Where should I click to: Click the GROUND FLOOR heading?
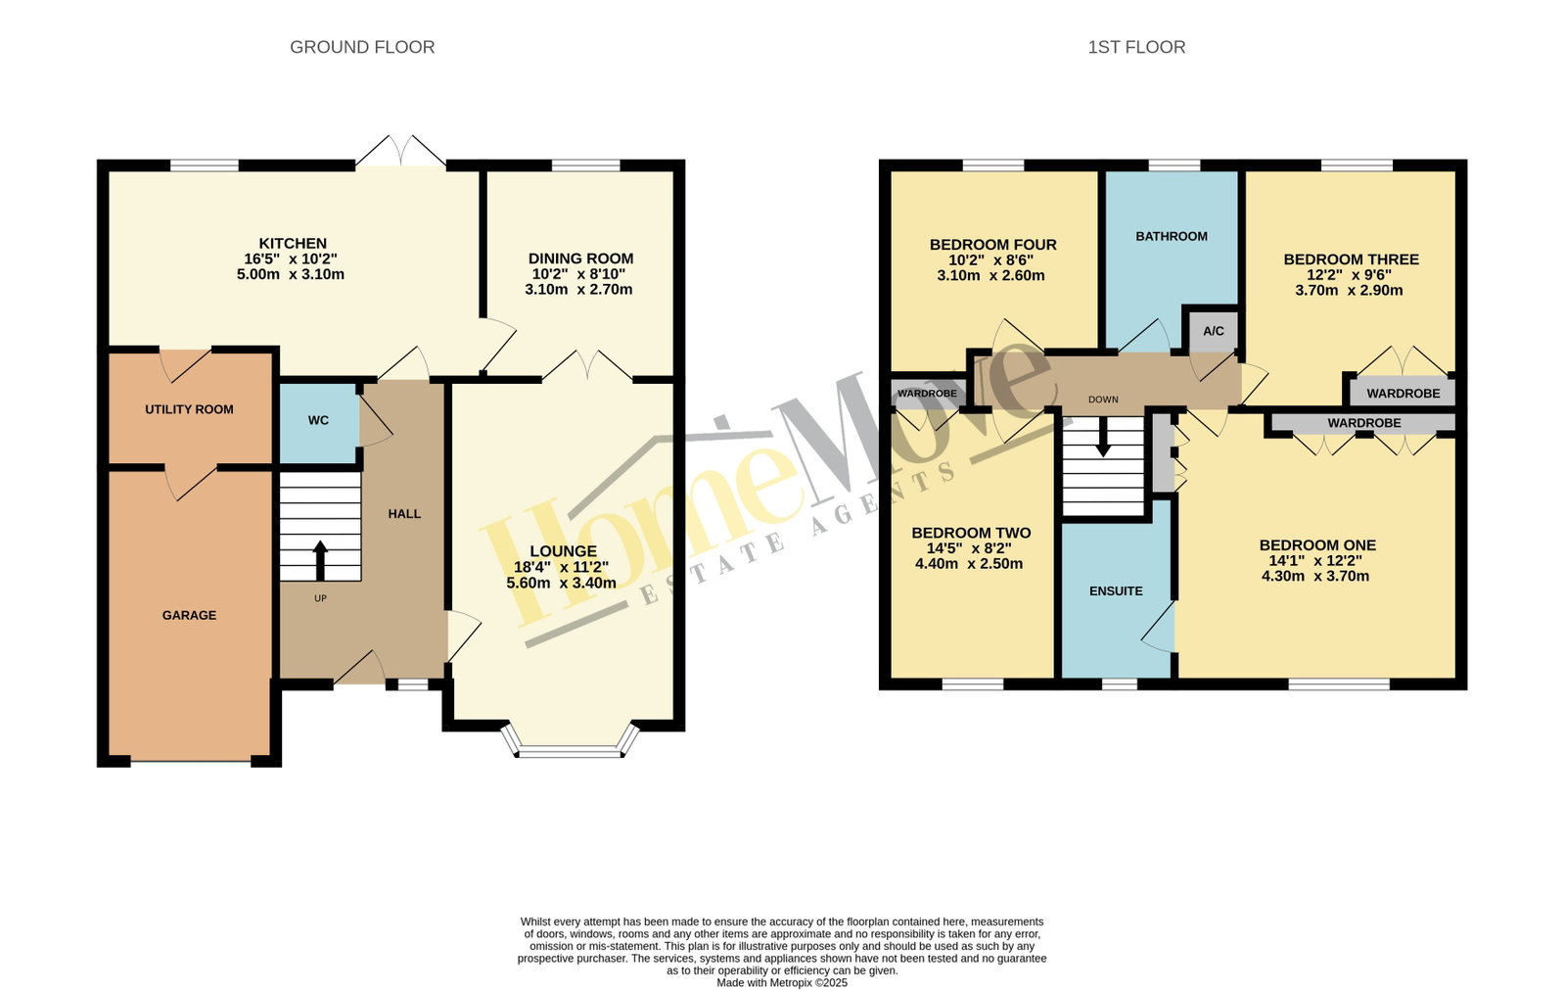click(x=362, y=47)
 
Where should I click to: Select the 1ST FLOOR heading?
click(x=1136, y=47)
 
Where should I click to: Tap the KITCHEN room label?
click(x=293, y=243)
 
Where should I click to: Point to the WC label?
click(x=319, y=420)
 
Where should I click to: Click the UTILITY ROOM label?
click(x=189, y=409)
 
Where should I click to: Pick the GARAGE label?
click(x=189, y=615)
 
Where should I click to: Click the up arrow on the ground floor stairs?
click(x=320, y=560)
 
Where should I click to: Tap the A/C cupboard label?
click(x=1214, y=331)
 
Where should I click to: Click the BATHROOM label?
click(x=1172, y=236)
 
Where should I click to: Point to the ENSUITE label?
click(x=1116, y=591)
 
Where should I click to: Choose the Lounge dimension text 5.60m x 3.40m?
click(x=561, y=583)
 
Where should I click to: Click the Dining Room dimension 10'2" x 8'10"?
click(x=578, y=274)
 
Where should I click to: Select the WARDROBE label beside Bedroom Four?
click(x=927, y=394)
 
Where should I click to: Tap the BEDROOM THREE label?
click(x=1352, y=259)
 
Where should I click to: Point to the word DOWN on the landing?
click(x=1103, y=400)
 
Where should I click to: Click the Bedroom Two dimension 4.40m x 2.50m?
click(x=969, y=563)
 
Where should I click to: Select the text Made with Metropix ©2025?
click(x=782, y=983)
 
